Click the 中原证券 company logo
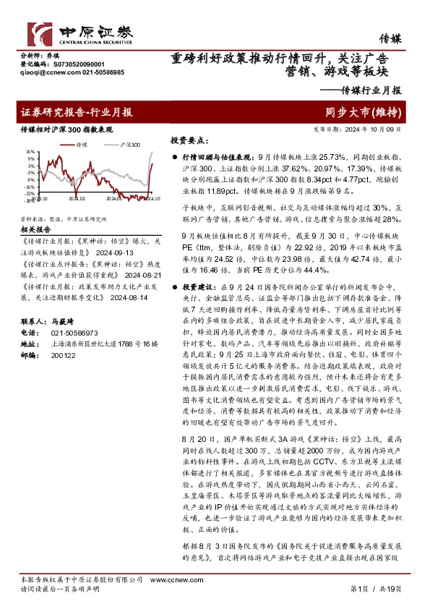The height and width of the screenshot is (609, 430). point(79,33)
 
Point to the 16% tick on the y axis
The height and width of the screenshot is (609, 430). point(30,153)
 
